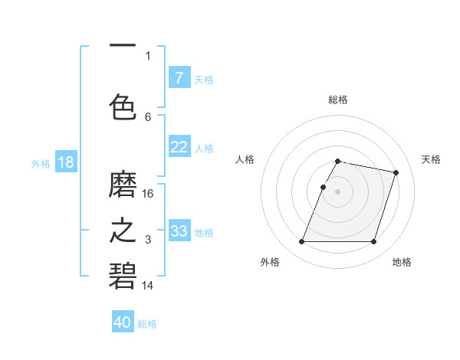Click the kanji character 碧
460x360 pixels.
tap(123, 275)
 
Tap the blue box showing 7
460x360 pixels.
tap(179, 78)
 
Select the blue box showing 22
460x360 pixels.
tap(179, 147)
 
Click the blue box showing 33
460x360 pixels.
tap(179, 231)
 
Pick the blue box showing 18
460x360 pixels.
tap(65, 162)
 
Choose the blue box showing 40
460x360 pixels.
tap(123, 322)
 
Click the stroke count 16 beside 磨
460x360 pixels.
tap(148, 193)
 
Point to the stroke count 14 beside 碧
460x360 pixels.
tap(148, 286)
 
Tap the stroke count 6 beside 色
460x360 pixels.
tap(148, 116)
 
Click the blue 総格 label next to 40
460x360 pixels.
tap(147, 324)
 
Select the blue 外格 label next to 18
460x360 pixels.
tap(40, 164)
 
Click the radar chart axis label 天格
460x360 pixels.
tap(432, 159)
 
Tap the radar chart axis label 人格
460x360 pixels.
tap(245, 159)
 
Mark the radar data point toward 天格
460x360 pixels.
tap(396, 173)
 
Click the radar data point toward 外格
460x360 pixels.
tap(302, 242)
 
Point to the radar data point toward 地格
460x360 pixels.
tap(373, 242)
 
